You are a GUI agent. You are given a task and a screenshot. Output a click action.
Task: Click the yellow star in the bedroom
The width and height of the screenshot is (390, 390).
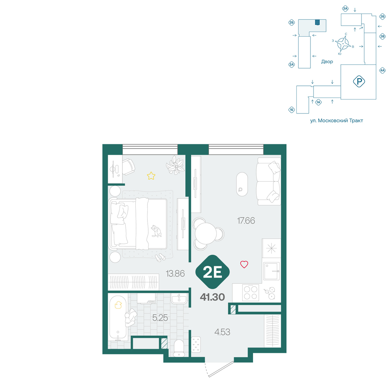click(x=151, y=176)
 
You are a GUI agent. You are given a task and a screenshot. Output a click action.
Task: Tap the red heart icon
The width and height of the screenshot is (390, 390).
click(x=244, y=264)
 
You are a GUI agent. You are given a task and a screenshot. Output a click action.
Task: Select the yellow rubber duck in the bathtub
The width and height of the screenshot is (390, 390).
click(x=118, y=305)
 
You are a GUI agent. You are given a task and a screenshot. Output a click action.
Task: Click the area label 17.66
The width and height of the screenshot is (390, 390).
click(x=246, y=221)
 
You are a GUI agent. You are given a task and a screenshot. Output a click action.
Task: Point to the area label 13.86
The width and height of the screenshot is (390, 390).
click(x=175, y=274)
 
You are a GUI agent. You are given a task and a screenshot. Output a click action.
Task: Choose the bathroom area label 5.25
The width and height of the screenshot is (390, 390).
click(x=160, y=317)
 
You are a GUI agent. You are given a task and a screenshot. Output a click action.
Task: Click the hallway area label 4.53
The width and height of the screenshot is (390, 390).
click(x=222, y=332)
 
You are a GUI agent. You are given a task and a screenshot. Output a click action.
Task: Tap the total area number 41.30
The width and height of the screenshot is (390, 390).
click(x=213, y=297)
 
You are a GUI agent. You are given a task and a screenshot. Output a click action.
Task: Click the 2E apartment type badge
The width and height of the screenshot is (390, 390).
click(x=213, y=272)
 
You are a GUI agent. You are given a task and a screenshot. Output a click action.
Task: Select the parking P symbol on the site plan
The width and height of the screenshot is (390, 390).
click(x=359, y=82)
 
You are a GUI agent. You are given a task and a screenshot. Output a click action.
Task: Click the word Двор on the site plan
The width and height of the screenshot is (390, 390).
click(x=327, y=62)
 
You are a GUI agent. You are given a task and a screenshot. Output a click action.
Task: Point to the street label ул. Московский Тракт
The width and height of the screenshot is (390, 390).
click(x=337, y=121)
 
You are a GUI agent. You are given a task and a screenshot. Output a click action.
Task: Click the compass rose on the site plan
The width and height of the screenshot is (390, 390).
click(x=343, y=44)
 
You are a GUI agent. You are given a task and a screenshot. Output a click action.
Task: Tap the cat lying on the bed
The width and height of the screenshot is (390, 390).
click(x=156, y=231)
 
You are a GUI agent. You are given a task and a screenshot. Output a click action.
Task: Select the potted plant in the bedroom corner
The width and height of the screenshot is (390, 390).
click(x=175, y=165)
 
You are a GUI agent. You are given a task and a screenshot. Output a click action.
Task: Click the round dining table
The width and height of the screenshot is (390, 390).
click(x=206, y=234)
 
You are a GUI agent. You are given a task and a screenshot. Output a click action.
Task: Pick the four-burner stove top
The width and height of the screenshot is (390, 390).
click(x=250, y=293)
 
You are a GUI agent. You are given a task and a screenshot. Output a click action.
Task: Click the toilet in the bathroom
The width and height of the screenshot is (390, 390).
click(x=179, y=348)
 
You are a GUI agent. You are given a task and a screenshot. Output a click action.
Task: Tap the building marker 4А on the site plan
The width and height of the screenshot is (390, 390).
click(x=382, y=70)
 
